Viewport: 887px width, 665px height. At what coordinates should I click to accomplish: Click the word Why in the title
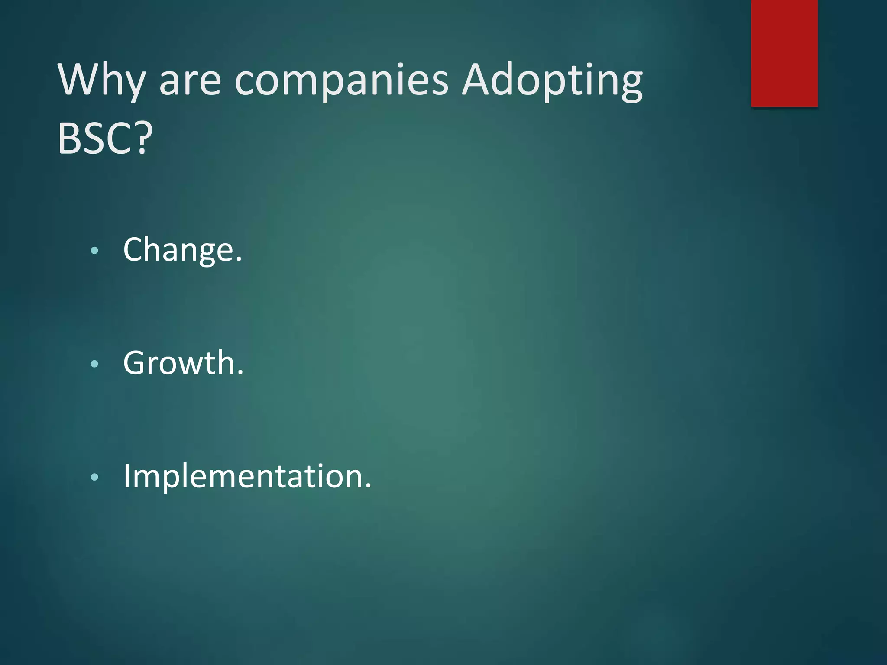101,81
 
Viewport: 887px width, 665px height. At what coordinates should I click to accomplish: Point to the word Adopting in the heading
552,81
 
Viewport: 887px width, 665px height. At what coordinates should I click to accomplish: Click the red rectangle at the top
784,53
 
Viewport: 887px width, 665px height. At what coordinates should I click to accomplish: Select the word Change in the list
178,250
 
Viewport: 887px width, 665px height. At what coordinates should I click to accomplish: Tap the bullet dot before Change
95,250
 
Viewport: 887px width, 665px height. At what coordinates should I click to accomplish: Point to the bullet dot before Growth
95,364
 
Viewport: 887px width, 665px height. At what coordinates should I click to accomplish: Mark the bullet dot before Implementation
95,477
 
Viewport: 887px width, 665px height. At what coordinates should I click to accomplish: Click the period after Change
239,260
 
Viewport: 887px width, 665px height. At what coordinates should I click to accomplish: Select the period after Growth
240,373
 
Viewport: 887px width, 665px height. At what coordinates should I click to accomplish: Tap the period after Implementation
368,486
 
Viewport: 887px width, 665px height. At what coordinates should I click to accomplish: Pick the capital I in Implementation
126,476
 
